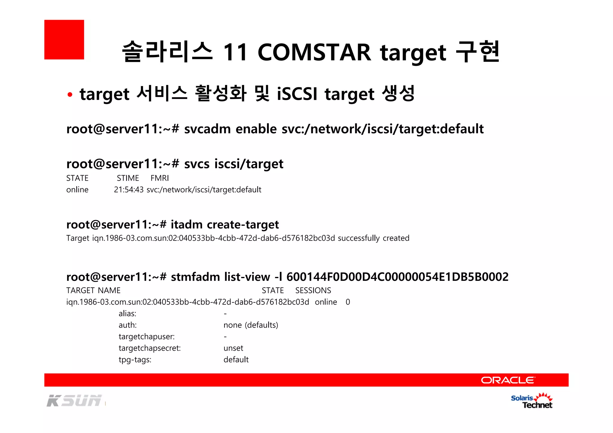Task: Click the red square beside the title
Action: point(64,39)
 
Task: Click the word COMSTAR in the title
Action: point(314,52)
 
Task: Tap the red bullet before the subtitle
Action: point(70,95)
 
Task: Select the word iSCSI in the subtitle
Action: point(297,94)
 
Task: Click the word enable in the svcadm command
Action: point(256,129)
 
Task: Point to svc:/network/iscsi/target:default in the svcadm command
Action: point(383,129)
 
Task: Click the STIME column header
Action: point(128,178)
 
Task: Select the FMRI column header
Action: point(160,178)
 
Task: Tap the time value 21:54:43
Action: point(129,190)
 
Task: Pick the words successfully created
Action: point(374,238)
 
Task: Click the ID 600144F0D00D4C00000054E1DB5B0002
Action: point(397,277)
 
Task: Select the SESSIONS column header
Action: point(313,290)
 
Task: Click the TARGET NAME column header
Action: point(93,290)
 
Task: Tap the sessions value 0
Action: point(348,302)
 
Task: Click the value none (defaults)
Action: point(251,325)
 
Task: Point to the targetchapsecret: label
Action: point(150,348)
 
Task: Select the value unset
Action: point(233,348)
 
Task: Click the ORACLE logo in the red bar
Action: point(508,380)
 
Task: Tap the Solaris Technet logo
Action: point(532,401)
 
